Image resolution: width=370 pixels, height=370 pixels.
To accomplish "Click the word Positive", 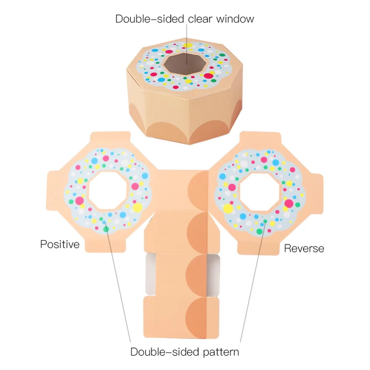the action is pyautogui.click(x=60, y=244).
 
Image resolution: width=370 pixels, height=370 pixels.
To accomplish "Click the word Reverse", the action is pyautogui.click(x=304, y=249).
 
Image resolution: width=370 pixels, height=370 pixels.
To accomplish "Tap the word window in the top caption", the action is pyautogui.click(x=235, y=19).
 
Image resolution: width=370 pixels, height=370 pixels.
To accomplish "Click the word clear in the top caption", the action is pyautogui.click(x=200, y=19).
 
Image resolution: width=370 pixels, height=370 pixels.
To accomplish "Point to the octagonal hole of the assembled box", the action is pyautogui.click(x=185, y=64).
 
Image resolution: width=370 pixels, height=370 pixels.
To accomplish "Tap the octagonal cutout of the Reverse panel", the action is pyautogui.click(x=260, y=192).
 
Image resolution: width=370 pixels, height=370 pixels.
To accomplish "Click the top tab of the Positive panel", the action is pyautogui.click(x=110, y=137).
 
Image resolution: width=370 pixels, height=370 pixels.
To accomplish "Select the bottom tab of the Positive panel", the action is pyautogui.click(x=105, y=246).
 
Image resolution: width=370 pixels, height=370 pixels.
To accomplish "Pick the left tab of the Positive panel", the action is pyautogui.click(x=52, y=190).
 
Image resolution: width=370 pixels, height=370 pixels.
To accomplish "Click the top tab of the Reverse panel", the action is pyautogui.click(x=260, y=138).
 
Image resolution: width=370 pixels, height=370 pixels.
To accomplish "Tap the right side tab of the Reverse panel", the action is pyautogui.click(x=318, y=194).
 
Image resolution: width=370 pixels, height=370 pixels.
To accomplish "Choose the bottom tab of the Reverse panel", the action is pyautogui.click(x=258, y=249).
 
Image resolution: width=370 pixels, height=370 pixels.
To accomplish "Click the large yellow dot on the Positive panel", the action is pyautogui.click(x=137, y=208).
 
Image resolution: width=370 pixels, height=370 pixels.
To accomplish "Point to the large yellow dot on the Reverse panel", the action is pyautogui.click(x=228, y=209).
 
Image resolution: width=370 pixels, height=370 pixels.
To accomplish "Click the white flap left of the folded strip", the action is pyautogui.click(x=151, y=275).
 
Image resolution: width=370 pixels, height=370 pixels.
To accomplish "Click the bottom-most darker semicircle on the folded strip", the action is pyautogui.click(x=196, y=317).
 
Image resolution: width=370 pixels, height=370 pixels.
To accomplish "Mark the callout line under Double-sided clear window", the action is pyautogui.click(x=186, y=44).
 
